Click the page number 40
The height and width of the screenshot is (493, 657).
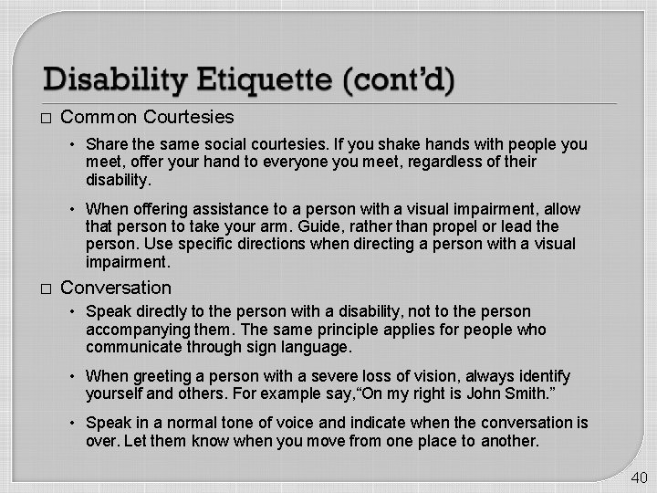tap(639, 477)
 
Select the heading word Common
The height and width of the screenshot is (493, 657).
tap(99, 117)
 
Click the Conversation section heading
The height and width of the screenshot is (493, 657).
tap(115, 288)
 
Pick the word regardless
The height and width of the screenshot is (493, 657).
tap(422, 162)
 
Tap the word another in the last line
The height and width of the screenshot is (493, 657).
tap(507, 441)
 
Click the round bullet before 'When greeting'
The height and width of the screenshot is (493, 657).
tap(75, 376)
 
